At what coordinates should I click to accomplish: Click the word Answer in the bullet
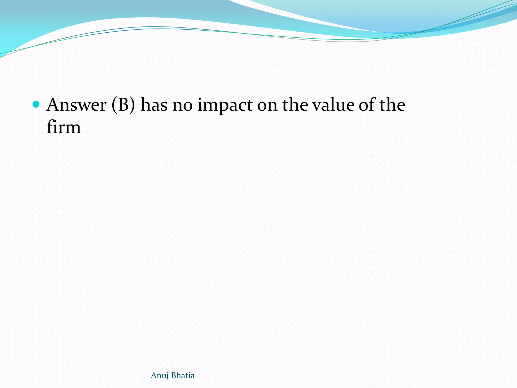76,105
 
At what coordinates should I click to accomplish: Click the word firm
64,127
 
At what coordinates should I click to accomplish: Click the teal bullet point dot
36,104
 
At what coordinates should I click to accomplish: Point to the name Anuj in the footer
160,376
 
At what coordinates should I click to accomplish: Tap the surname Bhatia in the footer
183,375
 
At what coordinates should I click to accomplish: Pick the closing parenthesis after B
133,105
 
